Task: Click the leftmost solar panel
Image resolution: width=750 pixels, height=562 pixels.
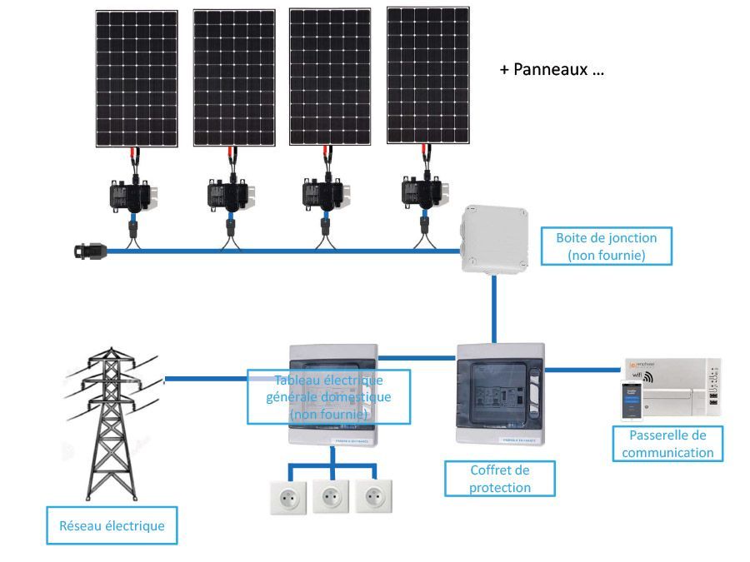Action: point(137,79)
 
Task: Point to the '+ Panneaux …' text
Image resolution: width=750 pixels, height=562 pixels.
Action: point(552,70)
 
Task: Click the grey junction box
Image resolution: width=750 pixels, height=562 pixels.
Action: point(496,241)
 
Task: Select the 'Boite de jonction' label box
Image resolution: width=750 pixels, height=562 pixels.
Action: point(606,246)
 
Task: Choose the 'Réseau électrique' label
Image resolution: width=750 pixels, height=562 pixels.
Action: point(112,525)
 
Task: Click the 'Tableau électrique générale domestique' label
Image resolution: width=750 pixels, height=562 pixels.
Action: point(328,397)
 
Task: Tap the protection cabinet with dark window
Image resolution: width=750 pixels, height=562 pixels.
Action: point(500,392)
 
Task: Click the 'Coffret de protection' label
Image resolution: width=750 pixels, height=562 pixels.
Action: point(499,479)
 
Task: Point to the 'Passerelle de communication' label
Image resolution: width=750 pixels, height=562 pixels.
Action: point(667,444)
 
